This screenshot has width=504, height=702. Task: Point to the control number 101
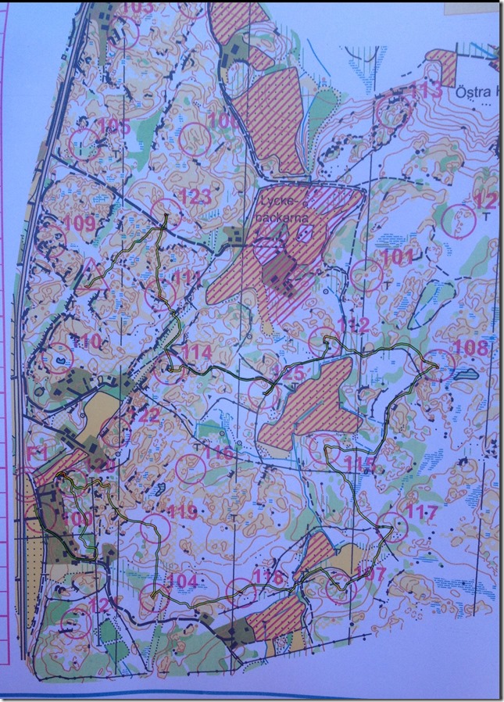(x=396, y=256)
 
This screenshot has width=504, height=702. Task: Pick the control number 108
(x=470, y=346)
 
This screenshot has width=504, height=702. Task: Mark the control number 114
(x=197, y=353)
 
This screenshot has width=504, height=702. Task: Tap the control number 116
(x=220, y=453)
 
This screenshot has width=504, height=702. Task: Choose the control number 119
(x=182, y=513)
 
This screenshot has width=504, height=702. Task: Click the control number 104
(x=182, y=581)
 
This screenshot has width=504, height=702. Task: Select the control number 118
(x=267, y=578)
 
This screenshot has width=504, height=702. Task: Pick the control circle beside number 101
(x=366, y=274)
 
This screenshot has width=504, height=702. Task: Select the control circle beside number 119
(x=151, y=530)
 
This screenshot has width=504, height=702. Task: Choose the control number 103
(x=138, y=9)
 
